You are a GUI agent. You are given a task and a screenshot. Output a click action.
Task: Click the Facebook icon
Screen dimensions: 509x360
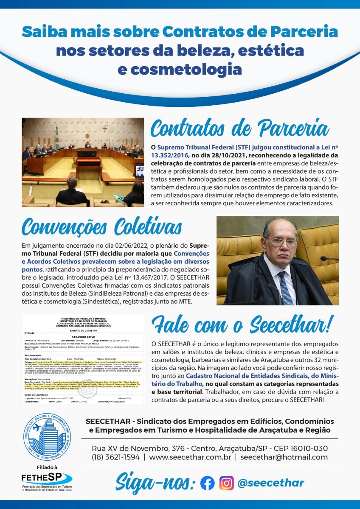207,483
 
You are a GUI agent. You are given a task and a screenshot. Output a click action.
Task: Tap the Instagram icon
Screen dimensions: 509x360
226,483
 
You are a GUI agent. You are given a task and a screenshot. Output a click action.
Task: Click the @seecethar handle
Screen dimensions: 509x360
271,483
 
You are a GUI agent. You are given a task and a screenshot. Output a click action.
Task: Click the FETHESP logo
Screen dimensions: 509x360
47,478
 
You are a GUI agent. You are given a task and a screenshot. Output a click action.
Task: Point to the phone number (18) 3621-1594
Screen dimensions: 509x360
115,457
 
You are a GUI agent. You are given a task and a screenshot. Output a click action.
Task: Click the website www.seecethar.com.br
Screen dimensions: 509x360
190,457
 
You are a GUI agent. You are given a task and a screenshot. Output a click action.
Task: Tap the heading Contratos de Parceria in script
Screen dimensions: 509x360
240,128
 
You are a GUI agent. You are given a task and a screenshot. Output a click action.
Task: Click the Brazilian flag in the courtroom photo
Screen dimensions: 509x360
57,136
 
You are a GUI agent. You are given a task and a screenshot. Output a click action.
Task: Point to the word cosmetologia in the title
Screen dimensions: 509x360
180,69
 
